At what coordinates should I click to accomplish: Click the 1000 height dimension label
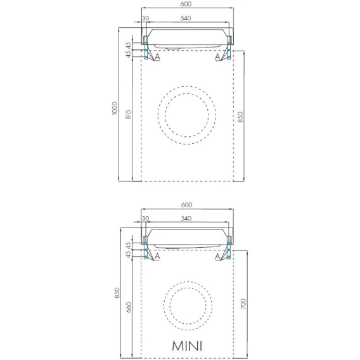tap(114, 108)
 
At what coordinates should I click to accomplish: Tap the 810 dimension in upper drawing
tap(128, 115)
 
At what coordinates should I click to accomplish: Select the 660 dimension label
tap(128, 307)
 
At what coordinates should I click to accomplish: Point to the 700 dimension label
tap(243, 304)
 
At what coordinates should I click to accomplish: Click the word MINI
tap(187, 346)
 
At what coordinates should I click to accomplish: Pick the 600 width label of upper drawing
tap(186, 4)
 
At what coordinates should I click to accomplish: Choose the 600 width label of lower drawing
tap(186, 205)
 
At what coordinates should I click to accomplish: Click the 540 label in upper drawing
tap(186, 18)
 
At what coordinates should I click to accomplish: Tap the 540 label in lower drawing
tap(186, 218)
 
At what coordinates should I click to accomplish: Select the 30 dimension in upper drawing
tap(145, 18)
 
